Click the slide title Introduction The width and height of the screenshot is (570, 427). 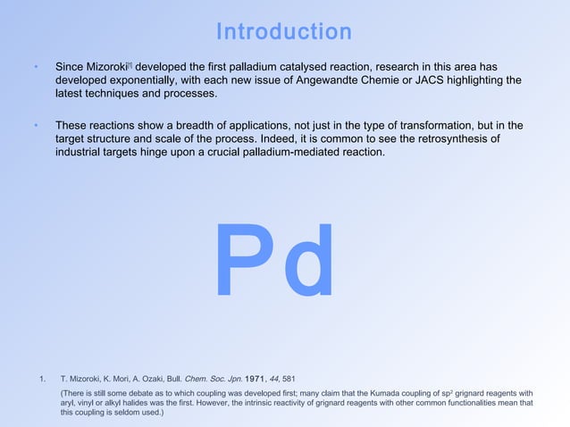point(284,32)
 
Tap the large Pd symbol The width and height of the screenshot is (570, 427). point(275,261)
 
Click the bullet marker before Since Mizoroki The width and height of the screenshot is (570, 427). point(35,67)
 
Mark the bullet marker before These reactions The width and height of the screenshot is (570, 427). point(35,126)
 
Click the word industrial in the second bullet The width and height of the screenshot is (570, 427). point(79,153)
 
